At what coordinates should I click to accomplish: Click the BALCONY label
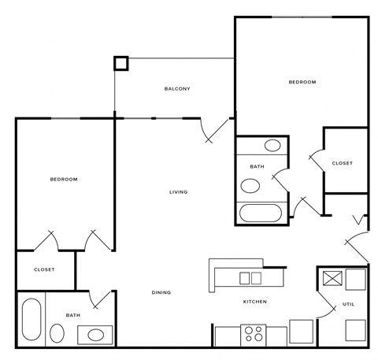click(177, 88)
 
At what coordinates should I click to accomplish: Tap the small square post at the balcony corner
click(120, 62)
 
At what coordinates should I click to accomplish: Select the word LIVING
click(178, 191)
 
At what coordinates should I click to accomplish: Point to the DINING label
click(161, 293)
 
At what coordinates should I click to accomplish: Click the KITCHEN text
click(254, 302)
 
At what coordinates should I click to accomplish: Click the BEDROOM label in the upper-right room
click(302, 82)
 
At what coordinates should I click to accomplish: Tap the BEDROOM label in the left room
click(64, 180)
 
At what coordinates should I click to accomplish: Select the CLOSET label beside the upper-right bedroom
click(342, 163)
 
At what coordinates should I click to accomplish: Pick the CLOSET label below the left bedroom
click(44, 269)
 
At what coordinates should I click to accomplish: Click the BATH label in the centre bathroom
click(257, 167)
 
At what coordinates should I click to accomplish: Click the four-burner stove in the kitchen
click(254, 334)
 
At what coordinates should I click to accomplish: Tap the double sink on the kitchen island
click(250, 277)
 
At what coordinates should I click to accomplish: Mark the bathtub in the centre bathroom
click(260, 213)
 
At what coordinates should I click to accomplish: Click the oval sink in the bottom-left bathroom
click(95, 335)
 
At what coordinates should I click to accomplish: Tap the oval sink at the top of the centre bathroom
click(273, 145)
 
